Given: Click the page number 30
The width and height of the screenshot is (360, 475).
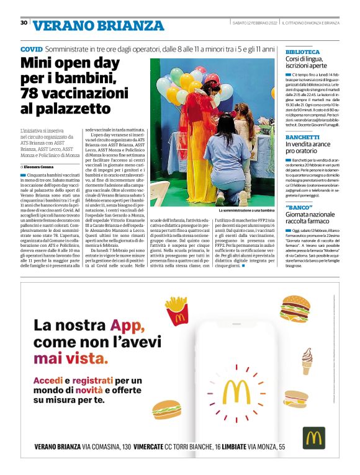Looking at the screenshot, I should (24, 22).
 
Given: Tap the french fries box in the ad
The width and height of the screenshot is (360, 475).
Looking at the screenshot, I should (176, 310).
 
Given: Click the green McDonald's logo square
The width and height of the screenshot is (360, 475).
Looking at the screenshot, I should (314, 438).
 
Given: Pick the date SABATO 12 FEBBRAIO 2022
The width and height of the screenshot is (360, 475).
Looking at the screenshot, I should (254, 24).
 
